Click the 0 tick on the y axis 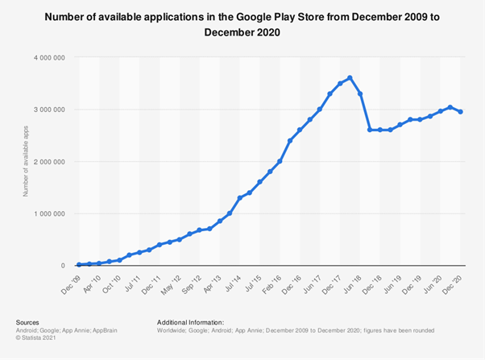pyautogui.click(x=63, y=266)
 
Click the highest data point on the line pyautogui.click(x=350, y=78)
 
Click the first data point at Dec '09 pyautogui.click(x=79, y=264)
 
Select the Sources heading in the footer pyautogui.click(x=28, y=321)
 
